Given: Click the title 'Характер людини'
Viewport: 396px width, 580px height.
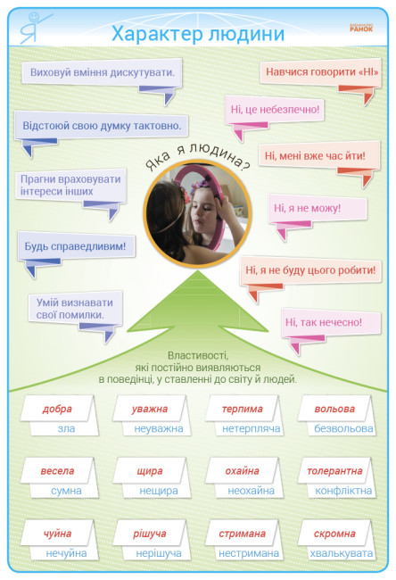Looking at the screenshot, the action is [x=198, y=34].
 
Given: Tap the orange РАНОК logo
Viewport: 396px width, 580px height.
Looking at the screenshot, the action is [x=361, y=29].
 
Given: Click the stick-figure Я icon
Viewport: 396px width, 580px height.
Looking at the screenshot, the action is [x=33, y=28].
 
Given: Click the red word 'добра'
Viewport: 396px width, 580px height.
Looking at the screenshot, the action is [x=57, y=409].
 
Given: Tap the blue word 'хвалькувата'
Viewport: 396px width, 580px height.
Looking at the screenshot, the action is [x=342, y=553].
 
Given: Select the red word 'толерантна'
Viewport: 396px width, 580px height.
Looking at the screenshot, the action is [x=334, y=471].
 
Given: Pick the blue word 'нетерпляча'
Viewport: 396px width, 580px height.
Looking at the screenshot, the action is [x=251, y=428].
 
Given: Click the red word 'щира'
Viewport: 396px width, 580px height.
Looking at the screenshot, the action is [x=150, y=472].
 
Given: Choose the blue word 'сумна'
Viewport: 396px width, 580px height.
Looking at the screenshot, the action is [x=66, y=491].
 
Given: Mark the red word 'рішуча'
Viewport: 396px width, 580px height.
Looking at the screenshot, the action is [x=150, y=534].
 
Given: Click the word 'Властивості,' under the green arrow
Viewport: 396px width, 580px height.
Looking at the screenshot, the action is [x=198, y=356].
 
